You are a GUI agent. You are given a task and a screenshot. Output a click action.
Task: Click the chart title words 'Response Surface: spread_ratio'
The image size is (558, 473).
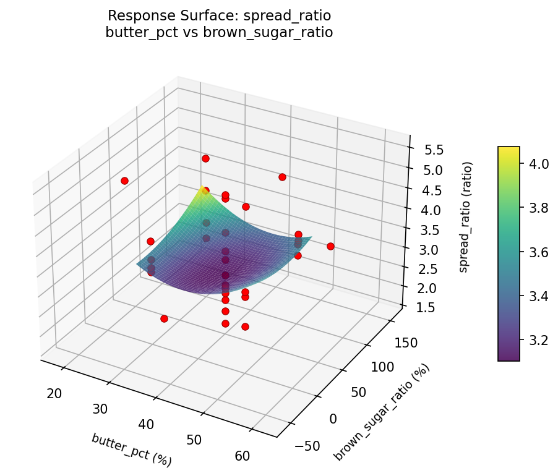point(220,15)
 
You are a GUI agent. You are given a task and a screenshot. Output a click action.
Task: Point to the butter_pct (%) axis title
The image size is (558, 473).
point(131,450)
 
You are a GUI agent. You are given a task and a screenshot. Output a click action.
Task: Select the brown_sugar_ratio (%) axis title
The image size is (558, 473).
point(382,412)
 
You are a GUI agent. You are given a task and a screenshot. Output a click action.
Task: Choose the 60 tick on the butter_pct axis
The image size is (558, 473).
point(243,456)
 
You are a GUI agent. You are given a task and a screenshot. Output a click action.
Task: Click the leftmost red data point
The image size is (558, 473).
point(124,181)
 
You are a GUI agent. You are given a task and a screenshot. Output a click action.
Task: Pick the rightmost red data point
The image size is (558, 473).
point(330,246)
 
